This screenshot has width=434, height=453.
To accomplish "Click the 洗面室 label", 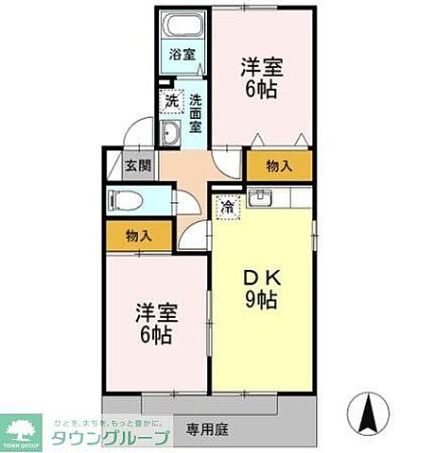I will pyautogui.click(x=195, y=113).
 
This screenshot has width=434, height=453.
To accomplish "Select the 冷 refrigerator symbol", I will pyautogui.click(x=228, y=203).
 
